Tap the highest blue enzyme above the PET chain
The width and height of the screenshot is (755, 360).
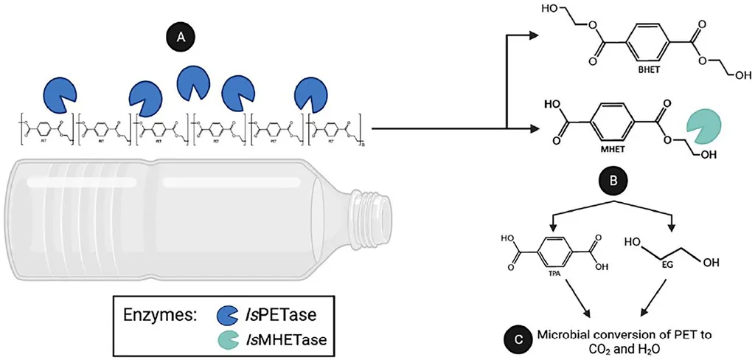click(x=191, y=83)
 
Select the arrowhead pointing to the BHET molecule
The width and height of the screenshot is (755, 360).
click(x=539, y=34)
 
